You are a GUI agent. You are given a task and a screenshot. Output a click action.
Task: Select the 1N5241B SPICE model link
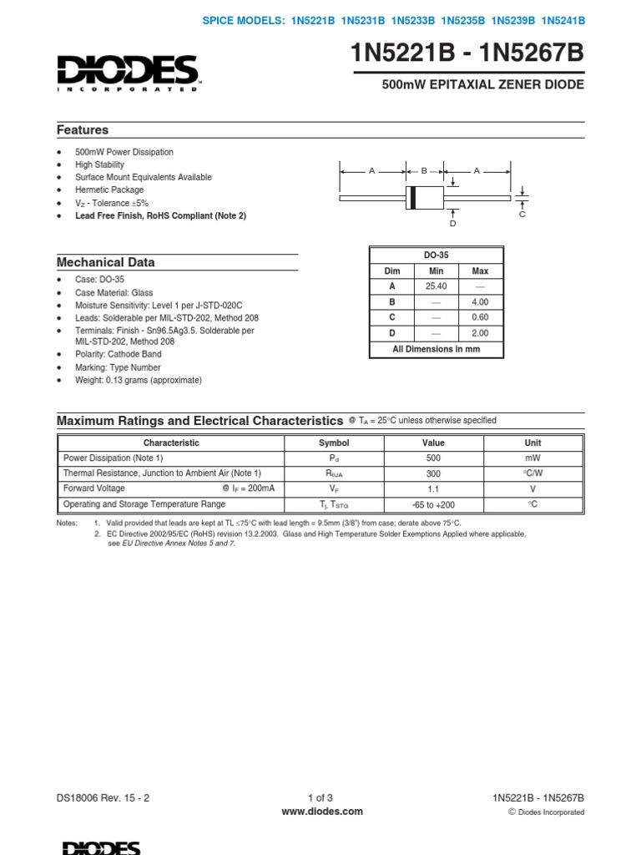(563, 20)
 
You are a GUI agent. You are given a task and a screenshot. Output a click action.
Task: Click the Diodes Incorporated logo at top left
(128, 72)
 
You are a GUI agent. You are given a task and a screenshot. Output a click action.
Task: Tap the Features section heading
(83, 130)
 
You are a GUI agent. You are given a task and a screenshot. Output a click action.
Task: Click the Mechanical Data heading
(105, 262)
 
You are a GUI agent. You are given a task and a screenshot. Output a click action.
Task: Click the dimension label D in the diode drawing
(452, 223)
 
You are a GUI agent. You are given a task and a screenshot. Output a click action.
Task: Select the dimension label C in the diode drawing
(522, 215)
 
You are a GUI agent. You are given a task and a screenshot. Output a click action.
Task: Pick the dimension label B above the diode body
(424, 170)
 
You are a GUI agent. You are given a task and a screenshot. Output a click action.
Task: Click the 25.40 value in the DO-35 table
(437, 286)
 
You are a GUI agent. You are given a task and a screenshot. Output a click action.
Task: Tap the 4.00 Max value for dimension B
(480, 302)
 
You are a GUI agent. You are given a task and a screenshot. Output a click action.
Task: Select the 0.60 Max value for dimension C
(480, 318)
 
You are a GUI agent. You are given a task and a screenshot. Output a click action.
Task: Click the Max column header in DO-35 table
(480, 271)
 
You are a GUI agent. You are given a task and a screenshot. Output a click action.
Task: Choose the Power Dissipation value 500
(433, 458)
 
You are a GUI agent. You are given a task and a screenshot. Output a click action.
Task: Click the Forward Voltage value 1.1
(433, 489)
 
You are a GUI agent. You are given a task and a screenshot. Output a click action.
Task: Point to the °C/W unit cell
(532, 473)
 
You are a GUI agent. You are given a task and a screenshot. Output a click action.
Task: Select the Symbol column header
(334, 443)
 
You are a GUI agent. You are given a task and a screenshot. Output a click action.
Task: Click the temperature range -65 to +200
(433, 505)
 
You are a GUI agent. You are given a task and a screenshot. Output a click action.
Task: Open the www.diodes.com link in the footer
(321, 811)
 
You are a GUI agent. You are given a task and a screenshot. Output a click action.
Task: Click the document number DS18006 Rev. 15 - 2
(103, 798)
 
